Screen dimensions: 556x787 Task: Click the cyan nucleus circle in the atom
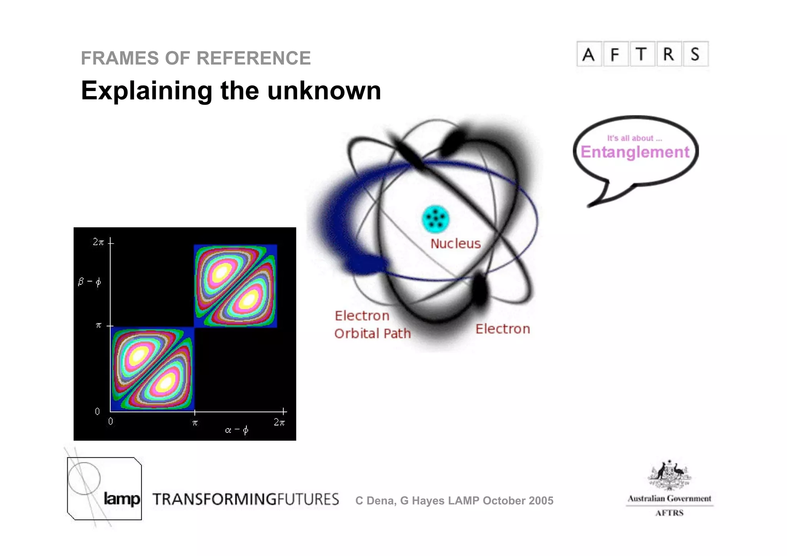435,219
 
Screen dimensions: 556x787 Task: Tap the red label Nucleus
455,244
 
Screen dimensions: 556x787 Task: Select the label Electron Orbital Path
372,325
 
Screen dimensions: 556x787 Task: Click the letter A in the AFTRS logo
588,55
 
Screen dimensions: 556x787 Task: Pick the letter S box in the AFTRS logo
695,55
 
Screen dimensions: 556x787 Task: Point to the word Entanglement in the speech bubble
635,152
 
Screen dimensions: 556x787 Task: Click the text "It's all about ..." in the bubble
634,138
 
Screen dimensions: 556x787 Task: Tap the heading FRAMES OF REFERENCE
196,58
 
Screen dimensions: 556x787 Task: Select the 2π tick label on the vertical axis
98,242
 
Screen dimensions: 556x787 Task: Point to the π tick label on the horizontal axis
195,423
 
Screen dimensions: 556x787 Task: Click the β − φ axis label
90,282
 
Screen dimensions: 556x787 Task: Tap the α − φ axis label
237,430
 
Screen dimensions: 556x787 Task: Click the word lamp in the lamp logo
122,499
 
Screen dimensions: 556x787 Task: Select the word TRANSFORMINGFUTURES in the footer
246,499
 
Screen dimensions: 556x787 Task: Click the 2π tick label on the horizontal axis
279,423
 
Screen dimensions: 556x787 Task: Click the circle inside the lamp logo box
84,478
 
